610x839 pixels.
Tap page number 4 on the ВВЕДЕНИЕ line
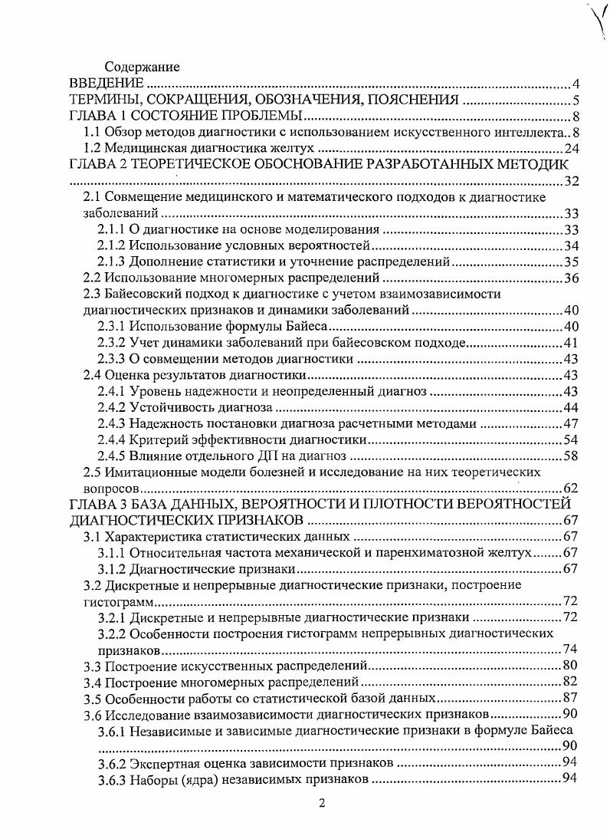(574, 84)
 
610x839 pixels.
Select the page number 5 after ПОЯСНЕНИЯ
(574, 100)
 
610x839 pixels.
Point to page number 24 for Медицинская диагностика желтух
(571, 149)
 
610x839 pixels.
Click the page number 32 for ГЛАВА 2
(571, 182)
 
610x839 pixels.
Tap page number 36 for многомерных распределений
(571, 278)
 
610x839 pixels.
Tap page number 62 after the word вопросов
(571, 488)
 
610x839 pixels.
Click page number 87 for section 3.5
(571, 698)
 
